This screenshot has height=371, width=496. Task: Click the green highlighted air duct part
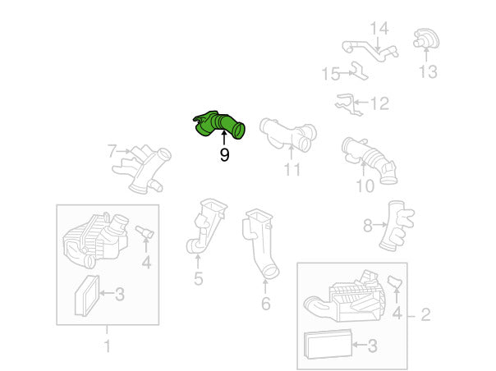218,124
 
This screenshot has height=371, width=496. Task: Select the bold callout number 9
224,155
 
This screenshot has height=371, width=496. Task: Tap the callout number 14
379,29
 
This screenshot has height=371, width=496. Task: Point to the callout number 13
428,71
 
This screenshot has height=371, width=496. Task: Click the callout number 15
331,74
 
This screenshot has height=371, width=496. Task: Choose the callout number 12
379,103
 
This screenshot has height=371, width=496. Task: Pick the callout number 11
292,169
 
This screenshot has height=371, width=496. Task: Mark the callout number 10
365,186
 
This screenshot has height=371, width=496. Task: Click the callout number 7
113,151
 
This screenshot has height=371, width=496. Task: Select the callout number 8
368,226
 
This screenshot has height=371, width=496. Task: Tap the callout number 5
199,278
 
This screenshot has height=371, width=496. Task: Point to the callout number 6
266,304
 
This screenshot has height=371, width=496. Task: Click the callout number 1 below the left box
108,346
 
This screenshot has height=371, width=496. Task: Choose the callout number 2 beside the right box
425,314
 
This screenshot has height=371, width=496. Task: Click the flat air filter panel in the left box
87,295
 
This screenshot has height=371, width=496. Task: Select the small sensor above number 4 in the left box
145,232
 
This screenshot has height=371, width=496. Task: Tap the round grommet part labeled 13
425,39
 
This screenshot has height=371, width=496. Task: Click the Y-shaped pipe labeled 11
288,135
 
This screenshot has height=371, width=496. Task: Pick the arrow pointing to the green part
224,139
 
